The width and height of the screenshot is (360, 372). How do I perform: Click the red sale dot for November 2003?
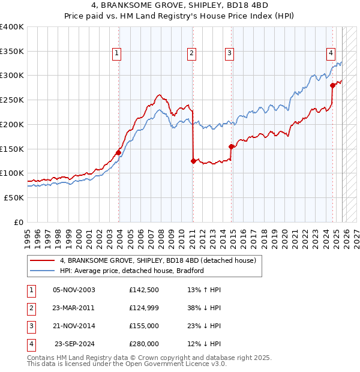(118, 152)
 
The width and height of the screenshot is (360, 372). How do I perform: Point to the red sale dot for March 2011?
(193, 161)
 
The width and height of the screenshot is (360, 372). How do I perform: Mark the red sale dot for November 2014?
(231, 146)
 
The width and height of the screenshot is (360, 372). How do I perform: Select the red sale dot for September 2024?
(332, 85)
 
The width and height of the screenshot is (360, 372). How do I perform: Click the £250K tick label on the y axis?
(12, 100)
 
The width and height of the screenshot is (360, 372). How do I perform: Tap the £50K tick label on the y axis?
(14, 197)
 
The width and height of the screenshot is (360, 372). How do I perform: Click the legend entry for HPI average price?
(132, 271)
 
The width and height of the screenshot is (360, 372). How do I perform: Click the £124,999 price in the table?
(144, 308)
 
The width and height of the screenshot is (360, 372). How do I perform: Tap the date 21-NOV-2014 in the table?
(74, 326)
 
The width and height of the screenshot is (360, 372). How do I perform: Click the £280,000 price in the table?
(144, 344)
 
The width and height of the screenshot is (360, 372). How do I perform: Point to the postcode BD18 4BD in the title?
(222, 7)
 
